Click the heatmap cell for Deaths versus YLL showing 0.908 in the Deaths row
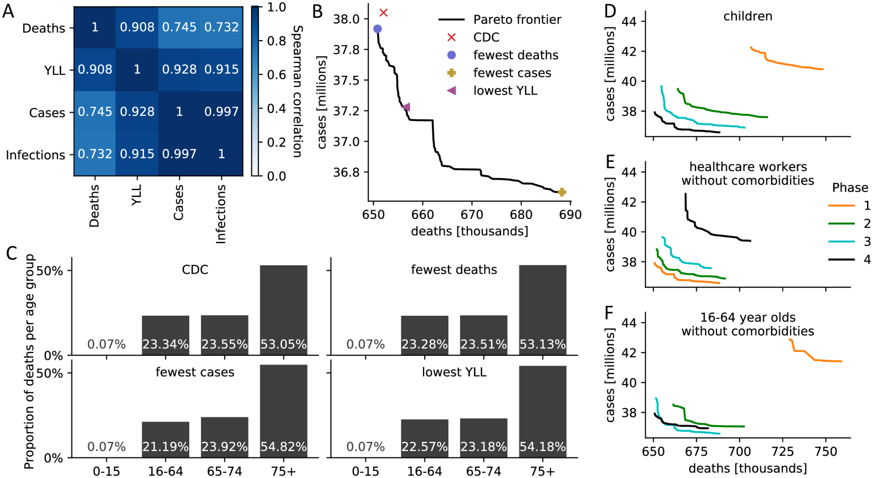tap(137, 27)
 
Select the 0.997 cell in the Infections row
tap(179, 154)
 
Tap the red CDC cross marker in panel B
tap(383, 13)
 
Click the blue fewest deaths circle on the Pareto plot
tap(377, 29)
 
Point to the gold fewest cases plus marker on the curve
tap(562, 192)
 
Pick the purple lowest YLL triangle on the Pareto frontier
tap(406, 107)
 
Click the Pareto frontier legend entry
tap(517, 20)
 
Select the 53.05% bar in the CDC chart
tap(283, 310)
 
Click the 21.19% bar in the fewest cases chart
tap(165, 439)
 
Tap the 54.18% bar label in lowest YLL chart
tap(542, 446)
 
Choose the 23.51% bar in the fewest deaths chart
tap(484, 335)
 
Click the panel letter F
tap(609, 313)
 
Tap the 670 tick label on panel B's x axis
tap(472, 215)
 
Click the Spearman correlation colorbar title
tap(298, 91)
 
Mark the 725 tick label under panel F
tap(783, 451)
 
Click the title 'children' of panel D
tap(748, 16)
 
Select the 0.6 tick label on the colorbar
tap(276, 75)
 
